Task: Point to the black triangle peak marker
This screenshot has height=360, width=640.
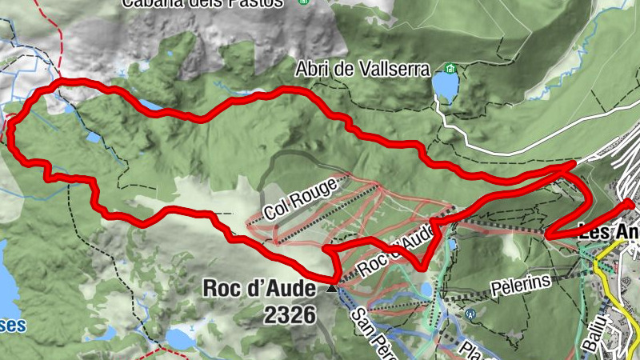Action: coord(332,286)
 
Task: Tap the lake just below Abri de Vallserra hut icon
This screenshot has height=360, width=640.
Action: coord(444,84)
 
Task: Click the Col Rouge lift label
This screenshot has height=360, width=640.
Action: coord(295,201)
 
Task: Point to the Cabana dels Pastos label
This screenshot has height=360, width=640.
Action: coord(202,2)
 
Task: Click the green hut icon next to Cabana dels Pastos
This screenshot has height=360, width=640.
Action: coord(302,2)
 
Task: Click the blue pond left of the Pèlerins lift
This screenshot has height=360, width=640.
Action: coord(426,289)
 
